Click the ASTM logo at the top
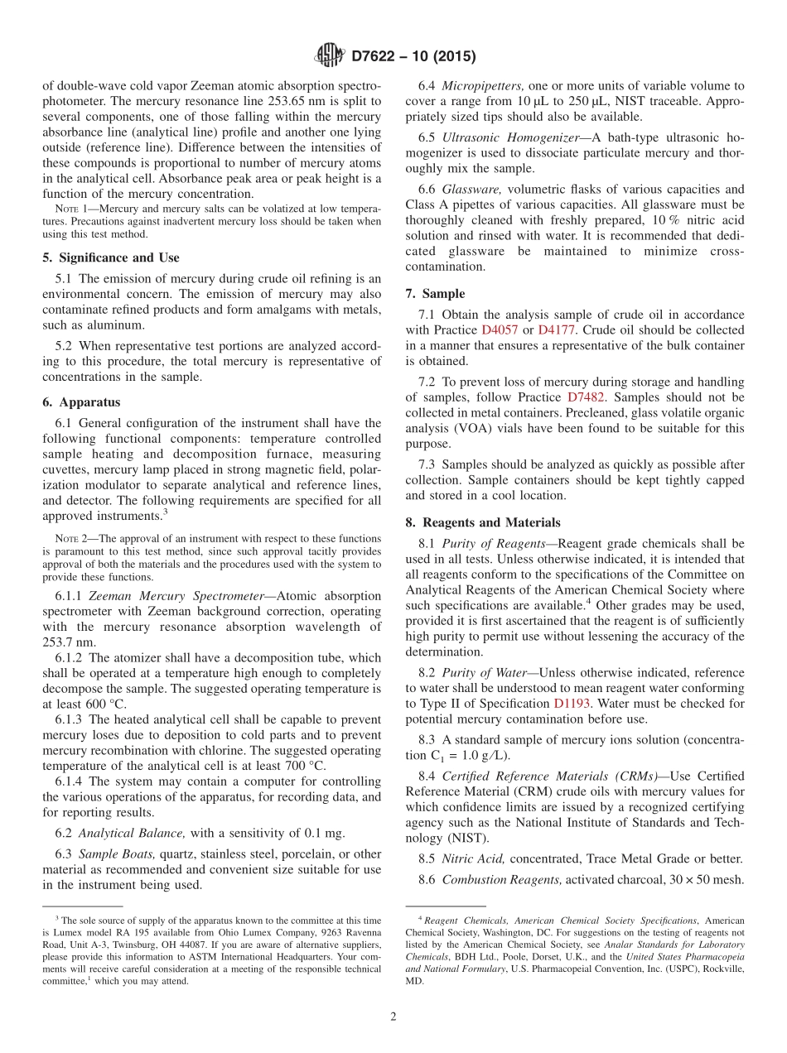pos(331,56)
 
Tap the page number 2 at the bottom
pos(393,1017)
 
